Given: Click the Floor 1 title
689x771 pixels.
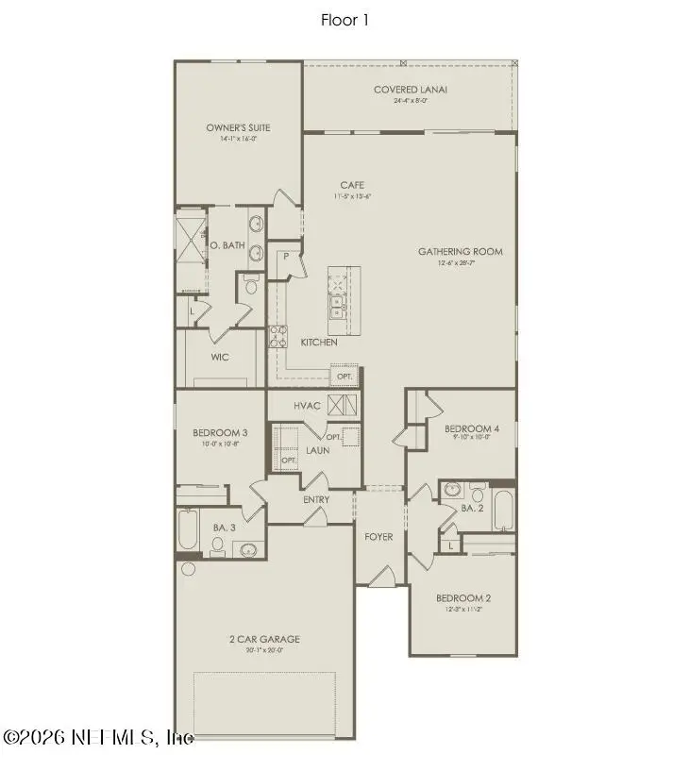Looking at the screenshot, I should (344, 19).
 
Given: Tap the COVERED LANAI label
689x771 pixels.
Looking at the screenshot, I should (410, 90).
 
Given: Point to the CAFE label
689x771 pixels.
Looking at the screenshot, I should (352, 185).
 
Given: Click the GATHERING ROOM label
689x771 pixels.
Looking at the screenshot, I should (461, 252).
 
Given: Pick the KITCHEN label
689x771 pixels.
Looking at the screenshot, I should (319, 342).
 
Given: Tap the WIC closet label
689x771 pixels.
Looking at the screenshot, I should (219, 358).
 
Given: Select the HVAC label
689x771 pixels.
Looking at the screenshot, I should (308, 406).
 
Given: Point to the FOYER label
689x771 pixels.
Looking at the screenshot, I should (378, 537).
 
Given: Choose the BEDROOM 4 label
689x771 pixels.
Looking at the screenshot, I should (471, 428).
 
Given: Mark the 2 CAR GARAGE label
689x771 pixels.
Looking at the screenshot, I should (264, 639).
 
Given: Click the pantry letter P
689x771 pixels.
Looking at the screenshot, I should (282, 257).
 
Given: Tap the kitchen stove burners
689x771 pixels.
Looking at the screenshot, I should (278, 335).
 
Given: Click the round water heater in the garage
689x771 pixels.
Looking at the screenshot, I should (187, 569).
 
